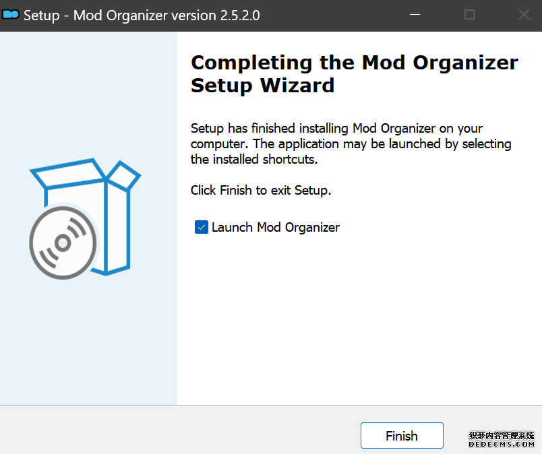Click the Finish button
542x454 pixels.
(x=402, y=435)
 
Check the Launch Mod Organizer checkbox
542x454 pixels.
(x=201, y=227)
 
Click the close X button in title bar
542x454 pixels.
(x=524, y=15)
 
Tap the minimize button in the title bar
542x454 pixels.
(x=415, y=15)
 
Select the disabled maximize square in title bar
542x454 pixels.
(x=469, y=15)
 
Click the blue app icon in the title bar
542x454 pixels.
(x=10, y=15)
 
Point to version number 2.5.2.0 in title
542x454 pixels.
(x=240, y=15)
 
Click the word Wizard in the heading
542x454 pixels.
(x=297, y=86)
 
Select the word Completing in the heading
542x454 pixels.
(x=251, y=63)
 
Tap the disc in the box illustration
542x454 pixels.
(x=63, y=242)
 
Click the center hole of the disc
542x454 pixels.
(x=63, y=242)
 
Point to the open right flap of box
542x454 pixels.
(x=123, y=175)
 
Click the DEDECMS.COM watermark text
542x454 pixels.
(x=501, y=444)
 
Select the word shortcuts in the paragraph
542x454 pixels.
(x=290, y=159)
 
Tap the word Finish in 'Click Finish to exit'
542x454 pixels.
(x=236, y=190)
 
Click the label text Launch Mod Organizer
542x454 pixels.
(x=276, y=228)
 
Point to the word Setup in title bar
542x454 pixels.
(x=42, y=16)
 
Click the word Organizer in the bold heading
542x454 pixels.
(x=466, y=63)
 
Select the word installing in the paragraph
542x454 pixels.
(x=324, y=129)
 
